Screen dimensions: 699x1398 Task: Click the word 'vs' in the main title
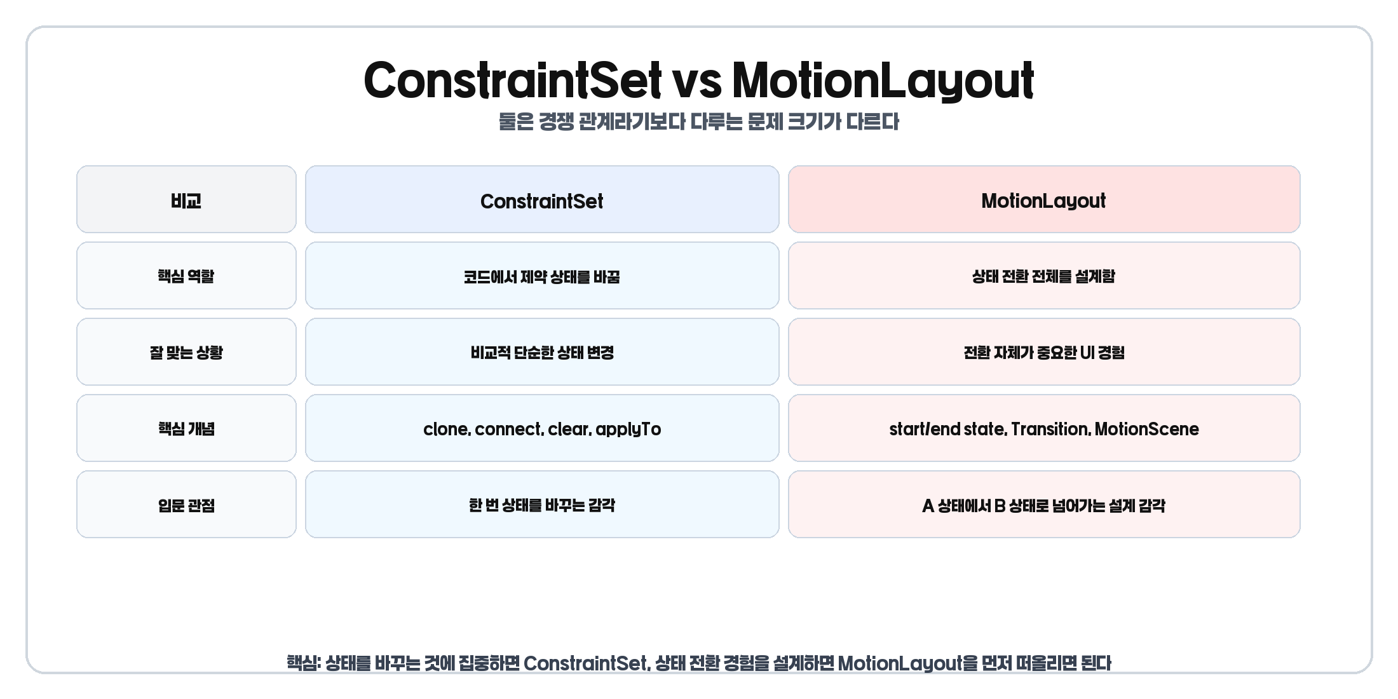point(697,81)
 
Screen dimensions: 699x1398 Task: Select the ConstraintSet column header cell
point(542,200)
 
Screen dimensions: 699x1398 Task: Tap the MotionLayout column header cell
point(1043,200)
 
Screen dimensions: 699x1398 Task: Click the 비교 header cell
point(186,200)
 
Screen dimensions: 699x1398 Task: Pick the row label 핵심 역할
point(186,276)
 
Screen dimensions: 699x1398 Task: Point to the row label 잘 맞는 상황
point(186,352)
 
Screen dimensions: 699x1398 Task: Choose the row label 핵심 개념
point(186,428)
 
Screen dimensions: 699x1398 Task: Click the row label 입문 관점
point(186,505)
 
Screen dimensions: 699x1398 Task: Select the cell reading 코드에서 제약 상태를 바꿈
point(542,276)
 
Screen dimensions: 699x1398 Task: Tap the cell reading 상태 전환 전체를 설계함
point(1043,276)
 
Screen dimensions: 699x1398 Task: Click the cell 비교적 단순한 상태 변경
point(542,352)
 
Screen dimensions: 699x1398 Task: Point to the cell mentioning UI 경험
point(1043,352)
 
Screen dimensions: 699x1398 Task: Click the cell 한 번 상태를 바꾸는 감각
point(542,505)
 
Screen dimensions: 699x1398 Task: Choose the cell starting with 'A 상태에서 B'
point(1043,505)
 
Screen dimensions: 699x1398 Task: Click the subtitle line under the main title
point(698,121)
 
